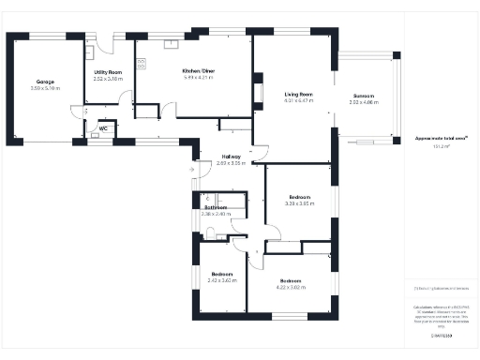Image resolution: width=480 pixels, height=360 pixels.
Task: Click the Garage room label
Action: (45, 82)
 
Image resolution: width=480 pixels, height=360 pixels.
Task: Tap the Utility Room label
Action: (109, 71)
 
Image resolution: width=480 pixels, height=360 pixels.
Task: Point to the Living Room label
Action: (298, 94)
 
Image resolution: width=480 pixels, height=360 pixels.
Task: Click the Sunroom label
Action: (364, 96)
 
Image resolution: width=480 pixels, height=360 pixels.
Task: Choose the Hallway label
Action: (231, 157)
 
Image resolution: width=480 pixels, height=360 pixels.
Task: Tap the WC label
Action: (103, 127)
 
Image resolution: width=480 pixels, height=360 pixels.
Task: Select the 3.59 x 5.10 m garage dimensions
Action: (45, 90)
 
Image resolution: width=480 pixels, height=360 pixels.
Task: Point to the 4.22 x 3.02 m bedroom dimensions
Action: (291, 288)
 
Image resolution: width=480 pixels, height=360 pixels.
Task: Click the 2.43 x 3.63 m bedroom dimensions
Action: (222, 280)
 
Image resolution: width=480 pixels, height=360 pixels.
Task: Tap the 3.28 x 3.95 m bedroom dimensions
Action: (299, 203)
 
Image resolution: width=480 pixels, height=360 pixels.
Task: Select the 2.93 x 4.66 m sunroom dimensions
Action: (364, 102)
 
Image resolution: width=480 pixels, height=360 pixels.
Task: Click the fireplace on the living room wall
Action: (257, 94)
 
